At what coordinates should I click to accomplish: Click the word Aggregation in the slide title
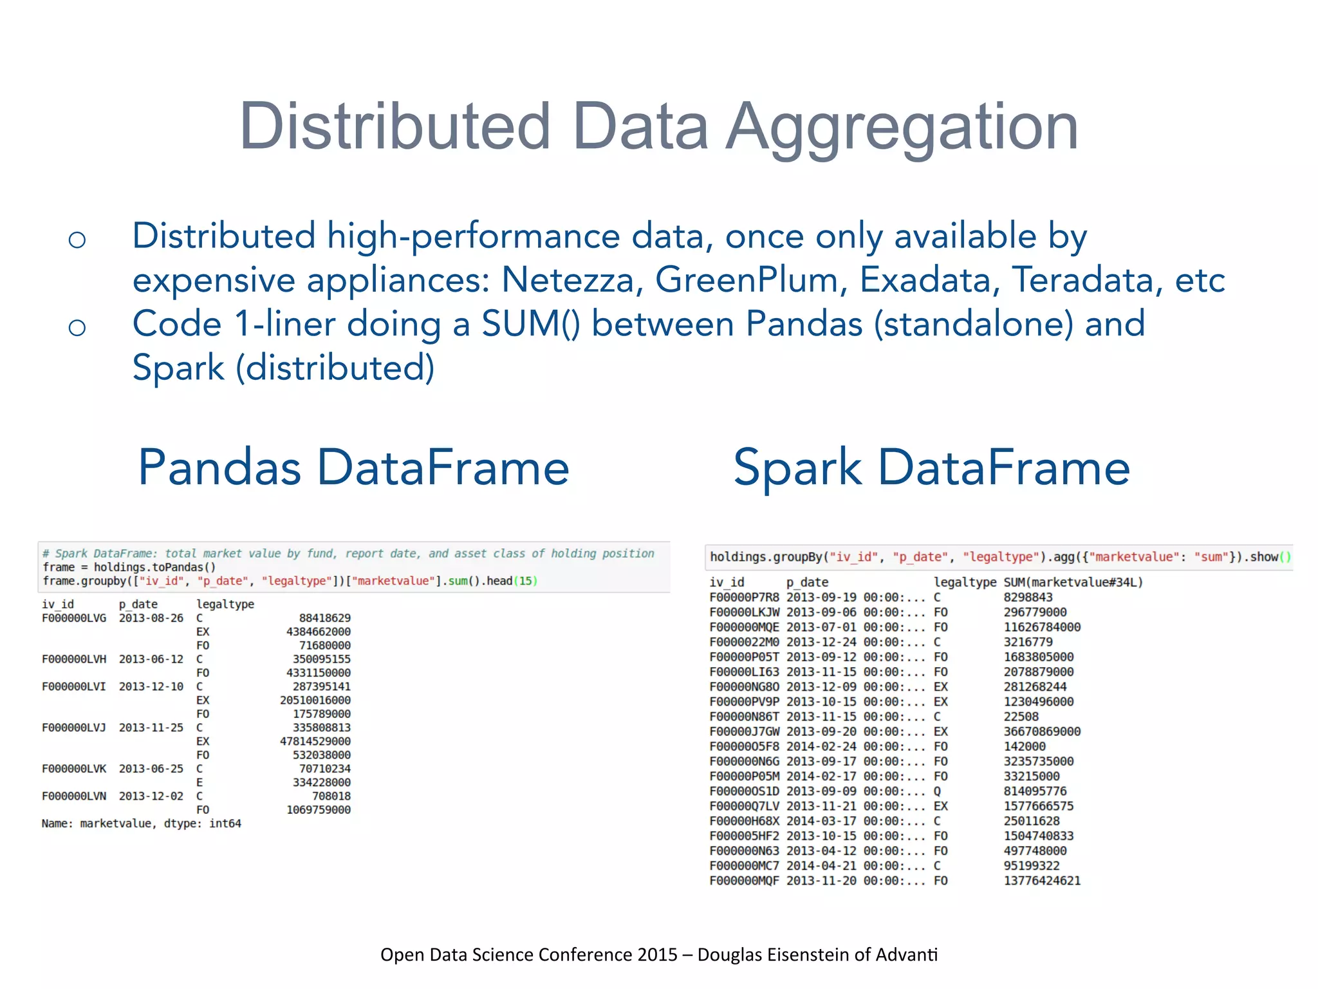[902, 127]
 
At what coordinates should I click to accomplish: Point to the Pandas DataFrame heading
[353, 467]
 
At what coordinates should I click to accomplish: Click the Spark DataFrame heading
[931, 467]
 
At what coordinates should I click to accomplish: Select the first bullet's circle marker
[77, 240]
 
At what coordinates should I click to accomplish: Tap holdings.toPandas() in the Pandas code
[154, 567]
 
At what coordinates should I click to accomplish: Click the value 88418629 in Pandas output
[324, 618]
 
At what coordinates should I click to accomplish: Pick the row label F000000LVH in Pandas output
[73, 659]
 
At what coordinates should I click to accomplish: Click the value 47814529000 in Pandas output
[315, 742]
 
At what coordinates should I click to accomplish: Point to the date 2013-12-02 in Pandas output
[151, 796]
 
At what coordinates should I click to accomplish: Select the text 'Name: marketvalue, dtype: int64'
[141, 824]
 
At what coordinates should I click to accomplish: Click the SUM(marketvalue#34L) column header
[1073, 583]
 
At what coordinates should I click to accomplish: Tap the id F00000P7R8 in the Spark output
[744, 598]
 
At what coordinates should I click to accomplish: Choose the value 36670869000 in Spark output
[1042, 731]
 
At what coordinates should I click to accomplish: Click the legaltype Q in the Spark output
[937, 791]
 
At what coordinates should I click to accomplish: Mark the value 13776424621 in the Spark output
[1042, 881]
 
